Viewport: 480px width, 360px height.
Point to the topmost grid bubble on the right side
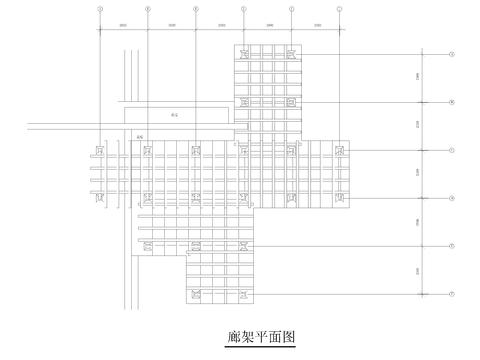pos(452,54)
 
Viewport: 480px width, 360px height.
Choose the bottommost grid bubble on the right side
pos(452,294)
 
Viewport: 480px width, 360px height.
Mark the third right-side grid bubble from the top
pos(452,150)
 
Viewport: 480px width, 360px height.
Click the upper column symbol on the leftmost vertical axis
pos(99,150)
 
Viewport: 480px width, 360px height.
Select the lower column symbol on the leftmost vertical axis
pos(99,198)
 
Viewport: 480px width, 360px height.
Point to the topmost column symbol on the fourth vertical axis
pos(243,54)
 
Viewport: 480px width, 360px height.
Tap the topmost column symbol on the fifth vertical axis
pos(291,54)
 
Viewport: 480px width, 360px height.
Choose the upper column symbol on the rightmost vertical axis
pos(340,150)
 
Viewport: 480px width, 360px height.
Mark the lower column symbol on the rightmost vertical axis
pos(340,198)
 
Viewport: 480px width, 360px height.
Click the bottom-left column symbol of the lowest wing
pos(195,294)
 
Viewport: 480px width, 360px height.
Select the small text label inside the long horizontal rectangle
pos(174,115)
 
